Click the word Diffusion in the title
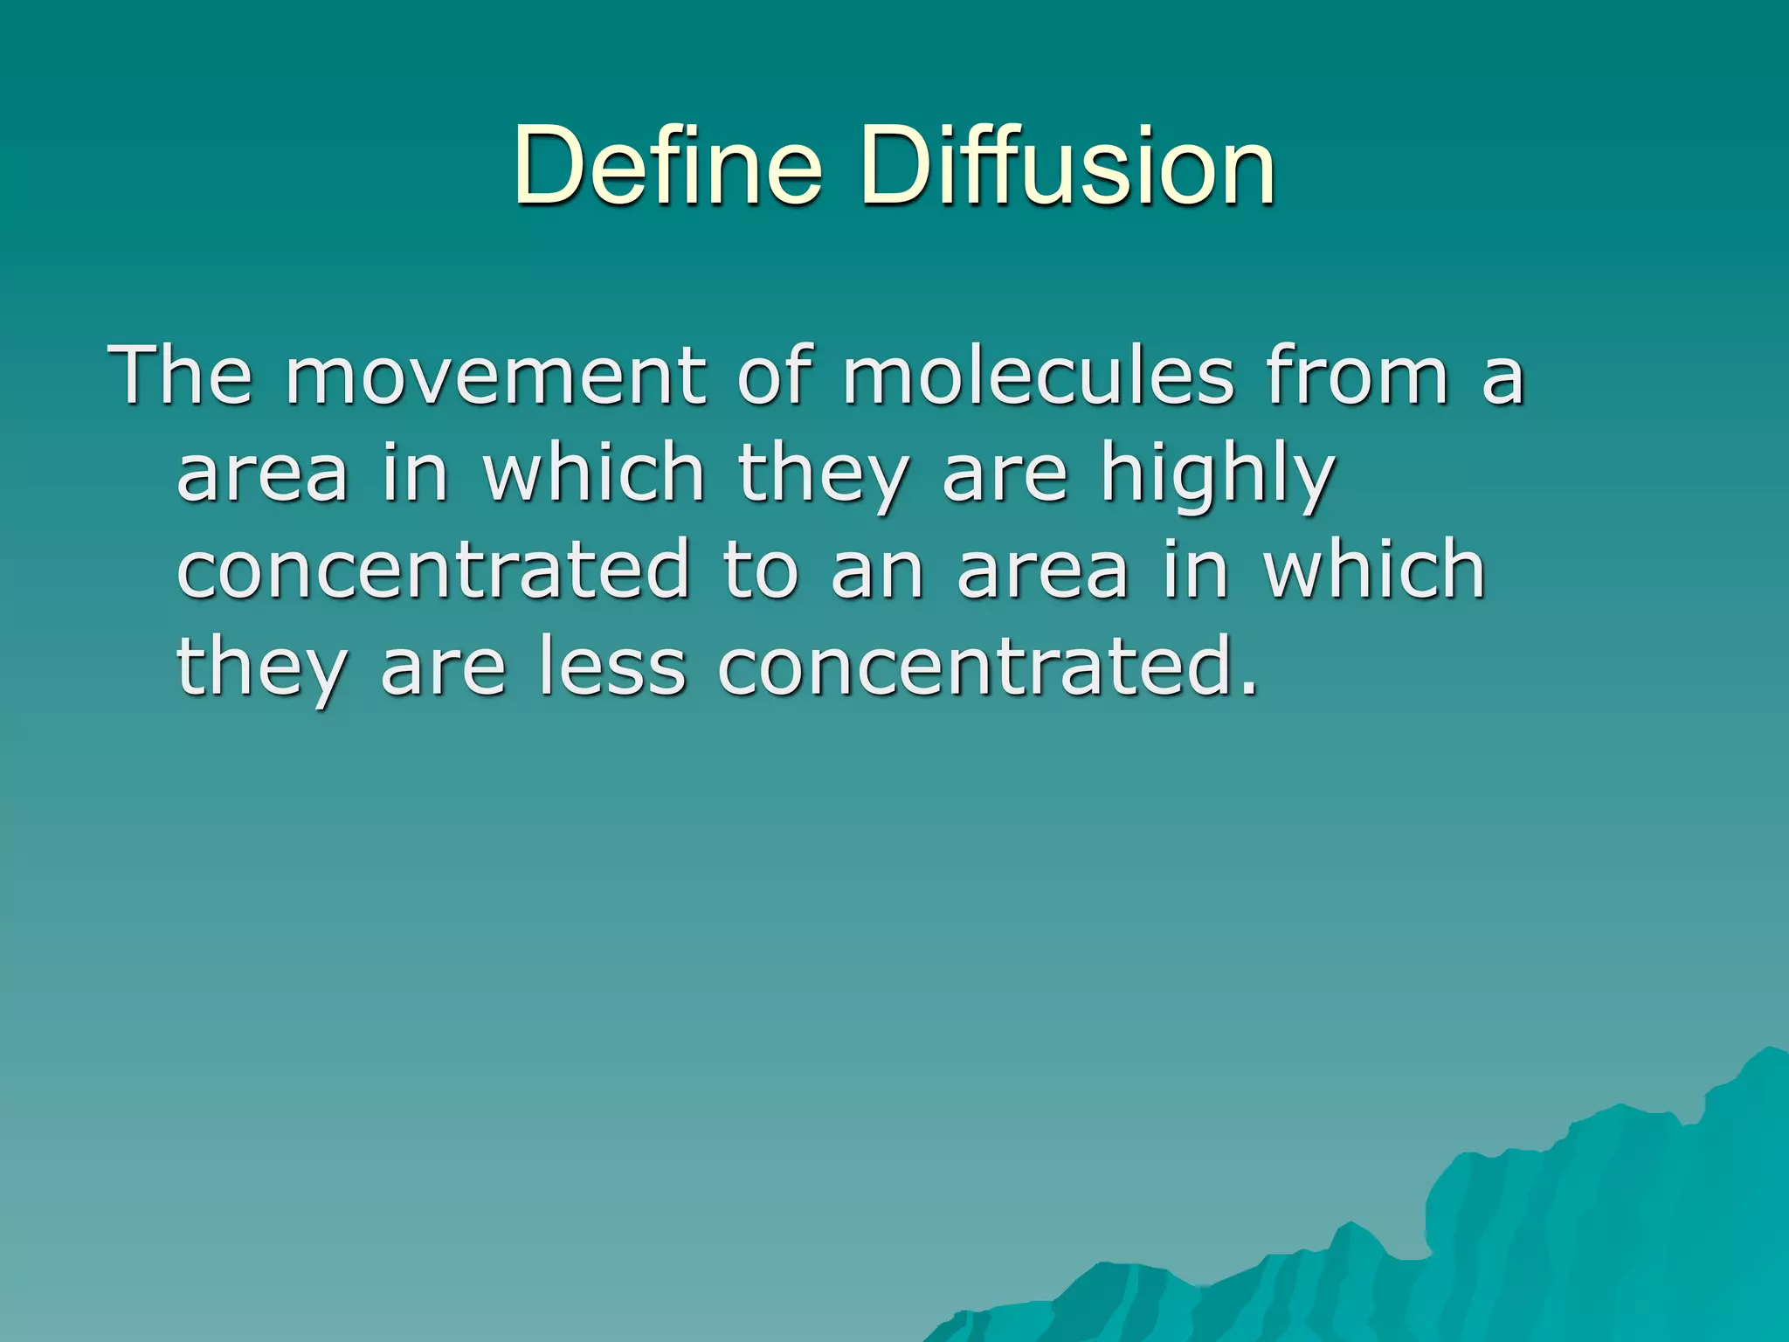[x=1067, y=166]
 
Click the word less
[x=611, y=668]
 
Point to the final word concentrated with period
[x=988, y=668]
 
